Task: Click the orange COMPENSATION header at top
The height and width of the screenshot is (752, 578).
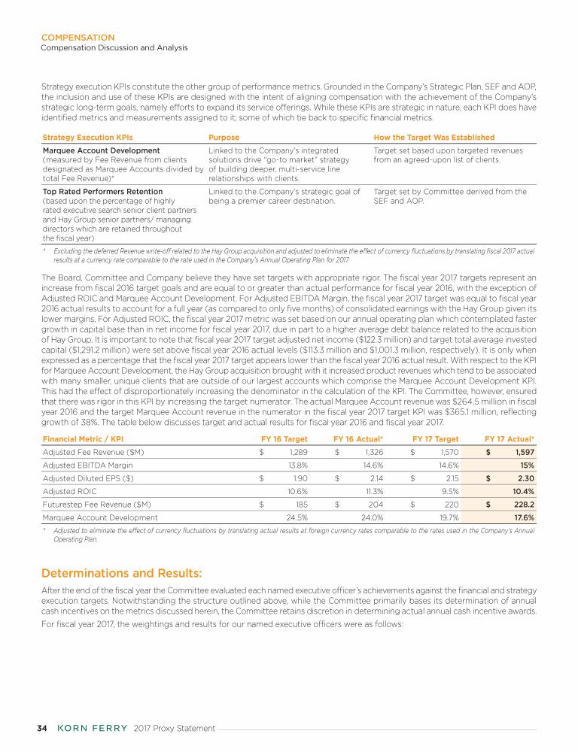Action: pyautogui.click(x=78, y=38)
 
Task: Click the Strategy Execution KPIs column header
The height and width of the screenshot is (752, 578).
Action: pyautogui.click(x=88, y=138)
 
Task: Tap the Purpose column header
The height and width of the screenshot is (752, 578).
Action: pyautogui.click(x=224, y=138)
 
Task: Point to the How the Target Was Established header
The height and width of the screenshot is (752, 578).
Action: pyautogui.click(x=434, y=138)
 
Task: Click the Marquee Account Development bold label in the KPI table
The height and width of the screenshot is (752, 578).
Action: pyautogui.click(x=102, y=150)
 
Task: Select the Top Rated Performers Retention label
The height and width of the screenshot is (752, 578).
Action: pyautogui.click(x=103, y=192)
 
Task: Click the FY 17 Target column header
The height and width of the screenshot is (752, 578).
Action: pyautogui.click(x=436, y=438)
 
